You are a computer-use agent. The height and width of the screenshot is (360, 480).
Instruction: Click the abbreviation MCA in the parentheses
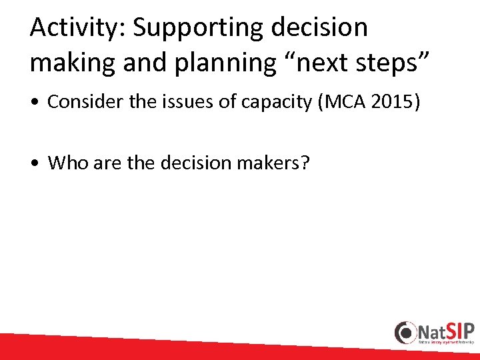point(346,102)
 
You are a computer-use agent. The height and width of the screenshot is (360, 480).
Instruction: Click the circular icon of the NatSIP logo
point(405,332)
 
